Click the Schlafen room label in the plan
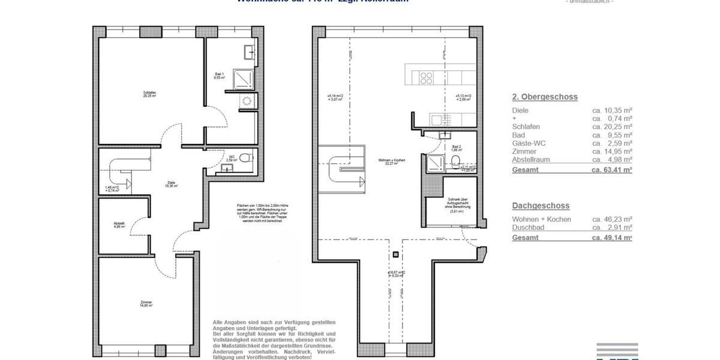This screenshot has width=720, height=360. (149, 94)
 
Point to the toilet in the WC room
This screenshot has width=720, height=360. (244, 158)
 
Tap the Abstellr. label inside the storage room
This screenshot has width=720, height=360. (119, 225)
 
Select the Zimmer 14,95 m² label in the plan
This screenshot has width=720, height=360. (146, 304)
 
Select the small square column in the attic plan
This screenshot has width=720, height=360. (395, 254)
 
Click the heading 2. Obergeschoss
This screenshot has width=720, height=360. (545, 97)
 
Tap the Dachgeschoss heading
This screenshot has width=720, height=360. (541, 206)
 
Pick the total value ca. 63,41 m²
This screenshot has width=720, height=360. (612, 170)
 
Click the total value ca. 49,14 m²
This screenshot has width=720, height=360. (612, 238)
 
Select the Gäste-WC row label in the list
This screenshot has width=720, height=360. (529, 143)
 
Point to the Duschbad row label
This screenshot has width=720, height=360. (529, 228)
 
